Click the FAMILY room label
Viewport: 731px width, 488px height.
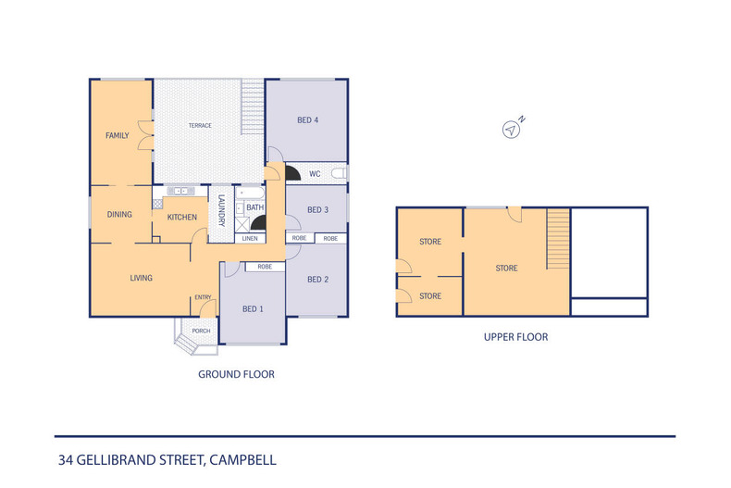coord(117,136)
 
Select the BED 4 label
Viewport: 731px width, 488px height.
coord(308,120)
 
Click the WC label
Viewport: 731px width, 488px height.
coord(315,173)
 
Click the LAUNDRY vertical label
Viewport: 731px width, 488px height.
coord(221,212)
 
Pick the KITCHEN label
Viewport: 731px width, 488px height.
coord(181,218)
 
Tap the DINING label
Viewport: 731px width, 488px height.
coord(119,214)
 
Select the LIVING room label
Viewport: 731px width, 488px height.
coord(141,278)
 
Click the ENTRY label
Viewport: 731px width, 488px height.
coord(203,297)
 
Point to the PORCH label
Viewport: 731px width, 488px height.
coord(201,331)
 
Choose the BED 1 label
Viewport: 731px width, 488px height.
coord(253,308)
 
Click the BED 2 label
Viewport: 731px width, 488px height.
coord(318,280)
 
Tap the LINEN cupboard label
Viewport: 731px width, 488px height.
coord(250,239)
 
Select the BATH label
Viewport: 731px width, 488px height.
coord(254,208)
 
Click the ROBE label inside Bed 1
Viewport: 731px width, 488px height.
coord(265,267)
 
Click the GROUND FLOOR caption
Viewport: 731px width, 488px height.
coord(236,375)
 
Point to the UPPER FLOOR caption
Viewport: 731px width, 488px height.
coord(515,337)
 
